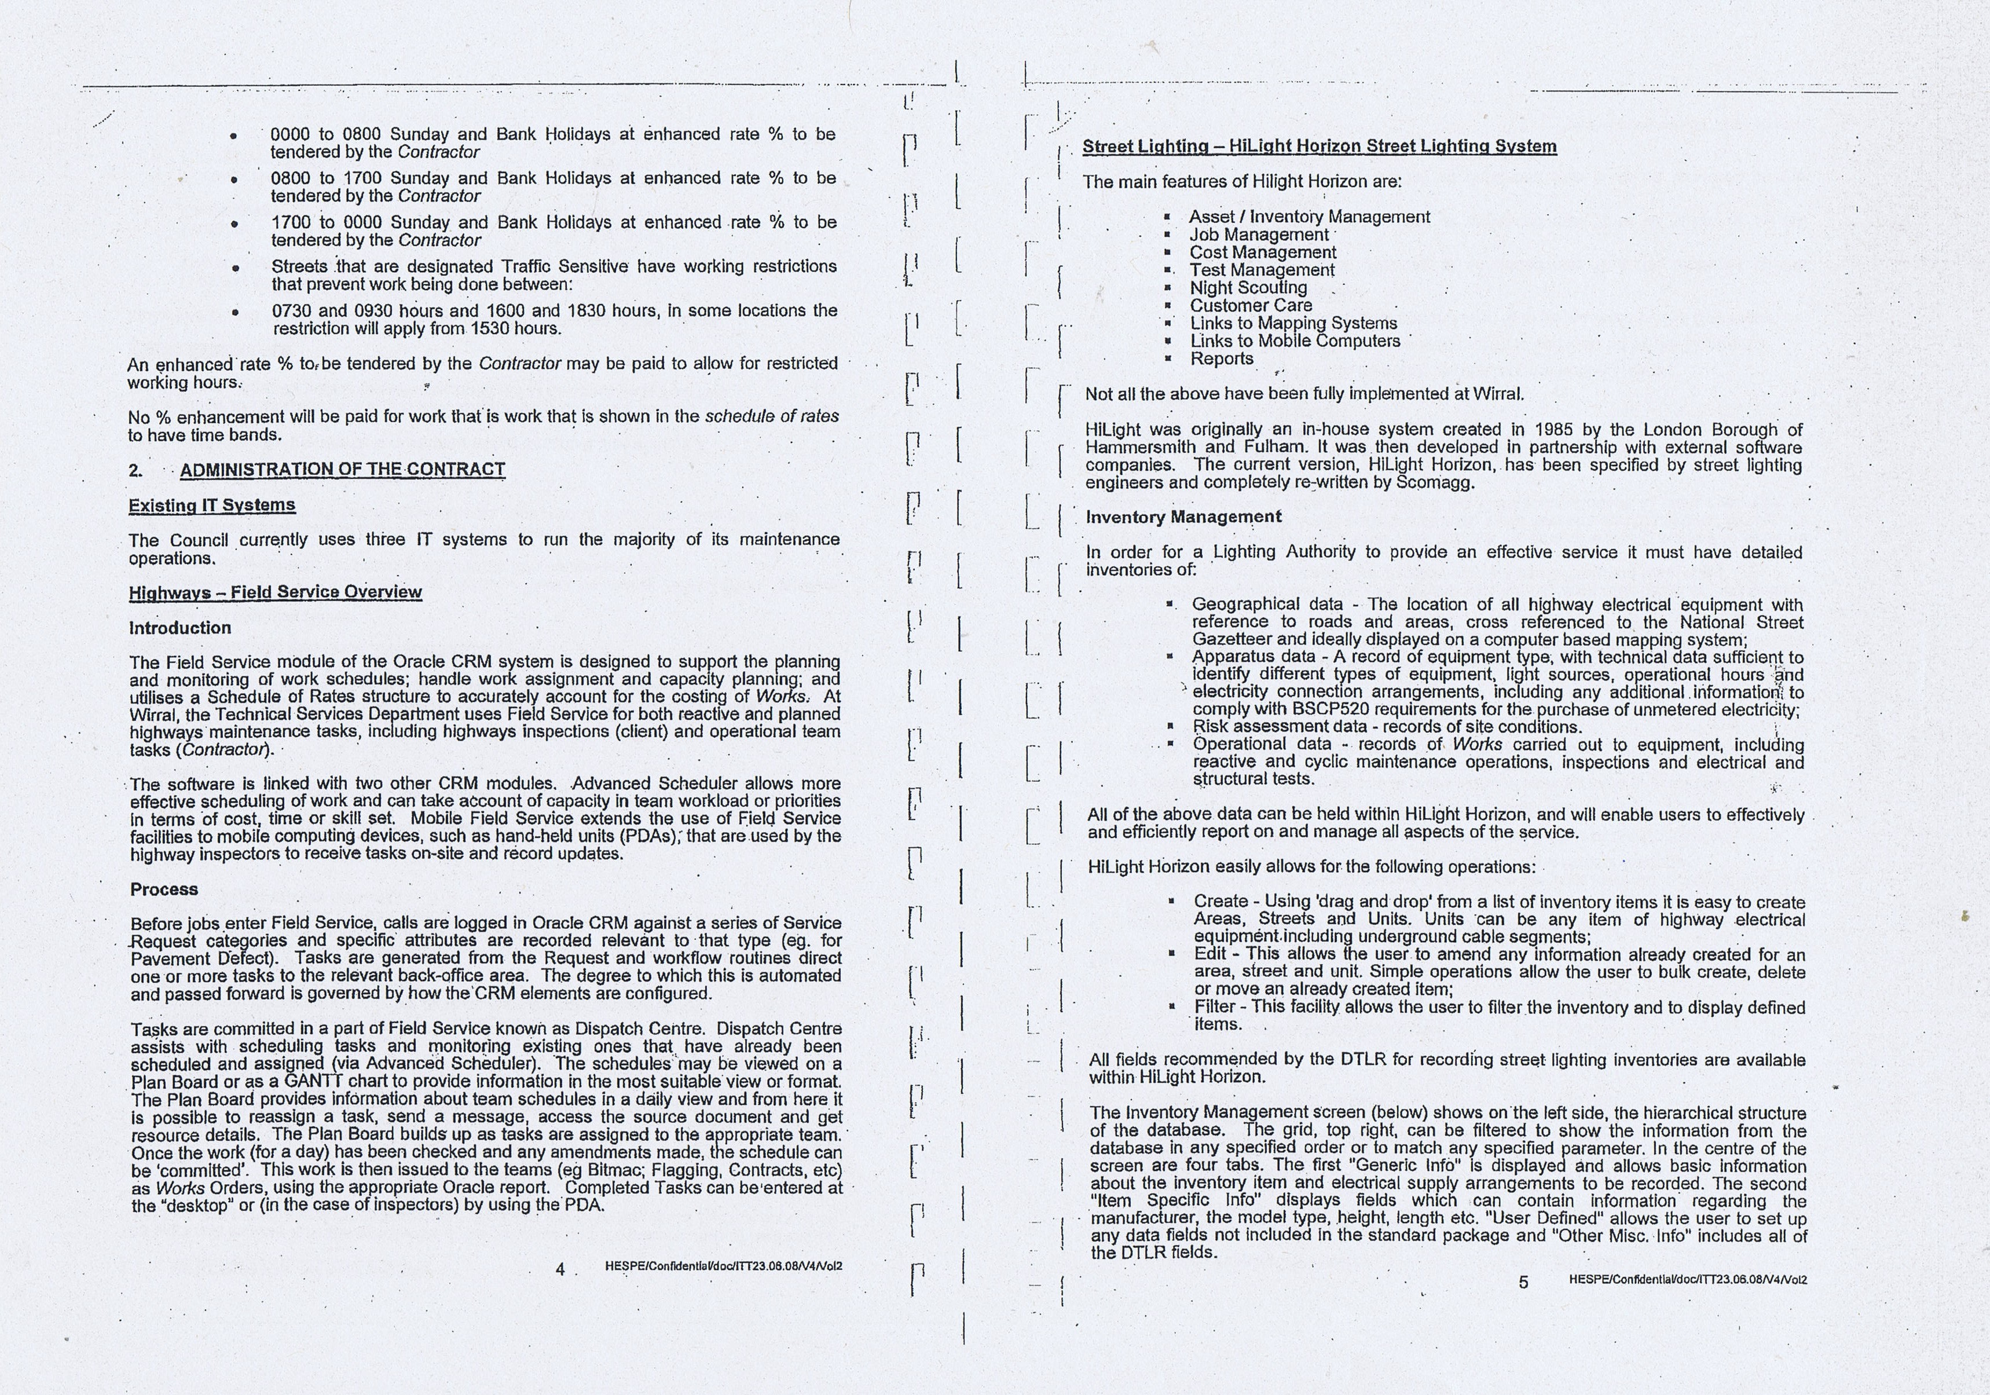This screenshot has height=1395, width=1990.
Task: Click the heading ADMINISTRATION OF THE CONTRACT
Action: (x=342, y=469)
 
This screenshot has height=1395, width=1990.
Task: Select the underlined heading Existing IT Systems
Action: (x=212, y=506)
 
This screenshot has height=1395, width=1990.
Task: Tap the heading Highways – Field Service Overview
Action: (x=276, y=592)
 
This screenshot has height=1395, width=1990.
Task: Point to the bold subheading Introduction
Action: (x=180, y=628)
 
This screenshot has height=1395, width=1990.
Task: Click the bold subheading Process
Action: (x=164, y=889)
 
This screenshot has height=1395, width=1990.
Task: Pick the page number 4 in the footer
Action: (x=560, y=1269)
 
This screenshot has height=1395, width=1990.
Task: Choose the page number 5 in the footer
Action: (x=1524, y=1282)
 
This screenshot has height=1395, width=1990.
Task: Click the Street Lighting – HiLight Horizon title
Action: (x=1319, y=147)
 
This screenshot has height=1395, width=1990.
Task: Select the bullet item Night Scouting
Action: (x=1248, y=288)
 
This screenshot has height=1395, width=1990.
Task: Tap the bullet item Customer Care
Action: (x=1251, y=305)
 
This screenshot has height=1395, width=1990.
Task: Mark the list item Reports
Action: (x=1221, y=359)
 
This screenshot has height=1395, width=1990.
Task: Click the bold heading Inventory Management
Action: (x=1183, y=517)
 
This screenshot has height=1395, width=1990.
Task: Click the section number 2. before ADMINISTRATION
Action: (x=136, y=470)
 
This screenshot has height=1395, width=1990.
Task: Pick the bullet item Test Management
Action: (x=1262, y=270)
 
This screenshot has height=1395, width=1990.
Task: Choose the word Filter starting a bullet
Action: (x=1214, y=1008)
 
